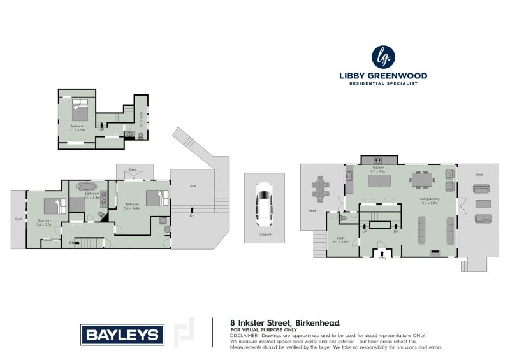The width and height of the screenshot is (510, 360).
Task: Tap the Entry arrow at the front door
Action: point(382,254)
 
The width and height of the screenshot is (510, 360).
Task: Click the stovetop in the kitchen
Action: point(379,160)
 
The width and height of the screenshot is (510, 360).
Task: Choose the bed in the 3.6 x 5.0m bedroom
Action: point(54,206)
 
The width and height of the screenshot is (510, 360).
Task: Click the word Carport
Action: point(265,234)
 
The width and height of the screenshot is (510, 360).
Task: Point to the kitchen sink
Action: point(349,175)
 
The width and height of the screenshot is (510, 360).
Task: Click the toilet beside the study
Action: point(343,218)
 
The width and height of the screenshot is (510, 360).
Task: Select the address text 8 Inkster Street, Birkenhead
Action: point(275,323)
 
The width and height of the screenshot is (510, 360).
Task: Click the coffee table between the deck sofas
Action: point(484,204)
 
